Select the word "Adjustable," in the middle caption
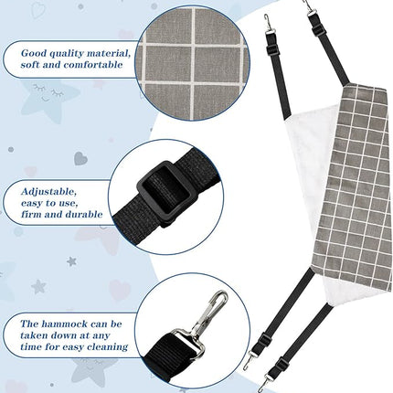pos(49,192)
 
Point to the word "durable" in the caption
pos(81,214)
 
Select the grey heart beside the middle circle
pos(80,158)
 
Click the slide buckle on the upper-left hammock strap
pos(273,50)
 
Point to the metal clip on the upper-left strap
pos(268,24)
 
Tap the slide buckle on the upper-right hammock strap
pos(318,30)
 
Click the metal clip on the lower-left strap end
pos(250,360)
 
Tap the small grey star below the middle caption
pos(71,261)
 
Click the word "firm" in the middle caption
pos(31,214)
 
